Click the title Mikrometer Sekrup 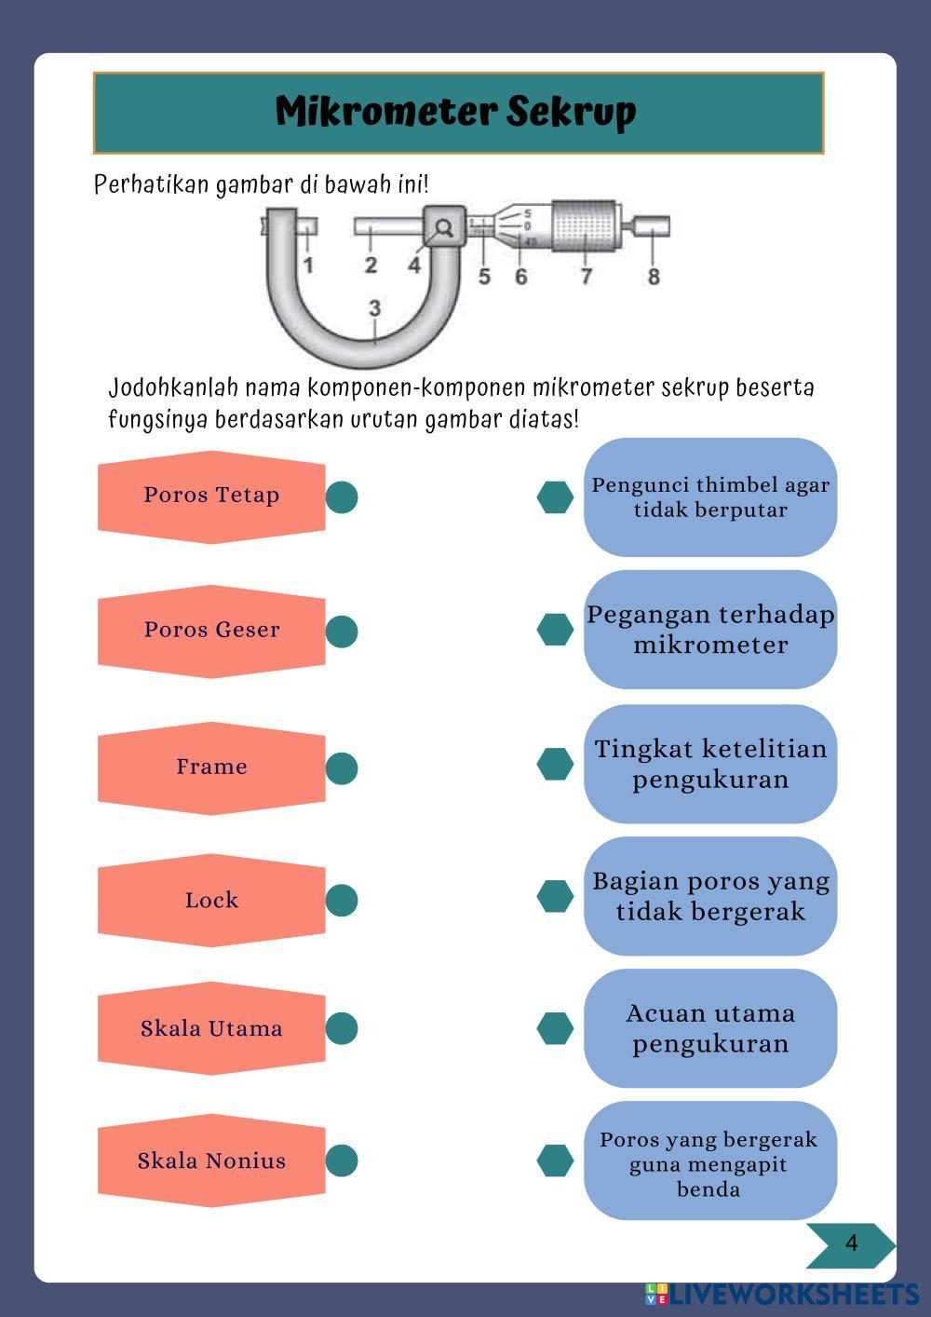456,112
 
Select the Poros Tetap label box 211,496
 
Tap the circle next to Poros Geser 342,631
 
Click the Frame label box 211,767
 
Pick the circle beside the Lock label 342,900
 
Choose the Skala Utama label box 211,1028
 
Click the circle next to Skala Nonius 342,1161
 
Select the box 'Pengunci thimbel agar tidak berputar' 710,497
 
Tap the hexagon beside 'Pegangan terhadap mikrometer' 555,630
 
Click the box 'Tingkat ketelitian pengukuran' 710,764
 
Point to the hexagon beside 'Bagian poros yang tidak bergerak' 555,896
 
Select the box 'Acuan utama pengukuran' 710,1028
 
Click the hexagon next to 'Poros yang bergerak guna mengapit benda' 555,1161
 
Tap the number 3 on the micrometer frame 374,308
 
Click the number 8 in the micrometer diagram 654,277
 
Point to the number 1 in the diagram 308,265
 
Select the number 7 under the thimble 586,277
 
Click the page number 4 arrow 850,1244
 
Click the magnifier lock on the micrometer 444,226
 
